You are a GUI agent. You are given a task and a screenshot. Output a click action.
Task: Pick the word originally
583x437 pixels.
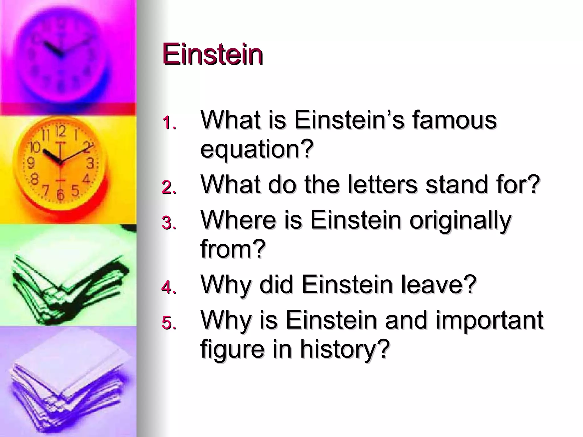460,220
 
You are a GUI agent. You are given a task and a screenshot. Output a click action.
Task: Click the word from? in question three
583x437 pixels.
233,249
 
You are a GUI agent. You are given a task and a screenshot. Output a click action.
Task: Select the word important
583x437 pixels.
489,320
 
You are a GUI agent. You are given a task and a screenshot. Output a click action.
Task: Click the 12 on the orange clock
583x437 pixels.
60,131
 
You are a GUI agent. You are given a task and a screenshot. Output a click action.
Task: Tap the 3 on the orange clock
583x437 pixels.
90,164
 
